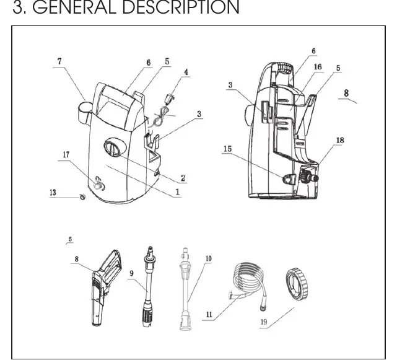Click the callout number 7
tap(59, 61)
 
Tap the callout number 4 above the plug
tap(186, 72)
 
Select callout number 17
tap(66, 154)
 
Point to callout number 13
tap(53, 192)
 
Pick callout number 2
tap(183, 178)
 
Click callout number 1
tap(178, 192)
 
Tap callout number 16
tap(318, 67)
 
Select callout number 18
tap(340, 140)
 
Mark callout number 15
tap(228, 149)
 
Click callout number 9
tap(131, 273)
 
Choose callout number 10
tap(209, 258)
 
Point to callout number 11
tap(209, 315)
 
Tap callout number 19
tap(264, 322)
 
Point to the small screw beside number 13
tap(82, 196)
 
